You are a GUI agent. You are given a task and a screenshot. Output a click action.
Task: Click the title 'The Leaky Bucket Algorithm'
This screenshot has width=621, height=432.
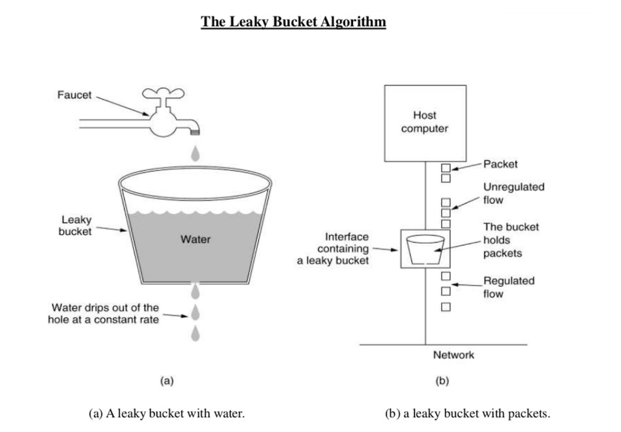coord(293,22)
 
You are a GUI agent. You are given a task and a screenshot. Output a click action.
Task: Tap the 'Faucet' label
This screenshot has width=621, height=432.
coord(75,95)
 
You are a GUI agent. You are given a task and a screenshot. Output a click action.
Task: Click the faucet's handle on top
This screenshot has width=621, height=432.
coord(163,93)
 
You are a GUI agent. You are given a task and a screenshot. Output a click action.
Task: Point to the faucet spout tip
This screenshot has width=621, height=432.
coord(195,133)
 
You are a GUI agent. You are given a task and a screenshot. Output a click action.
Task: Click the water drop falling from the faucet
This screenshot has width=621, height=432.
coord(195,153)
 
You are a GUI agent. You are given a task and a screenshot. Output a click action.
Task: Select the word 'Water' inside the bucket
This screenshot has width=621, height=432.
coord(196,239)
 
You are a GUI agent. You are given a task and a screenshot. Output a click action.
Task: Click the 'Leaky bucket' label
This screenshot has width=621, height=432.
coord(75,226)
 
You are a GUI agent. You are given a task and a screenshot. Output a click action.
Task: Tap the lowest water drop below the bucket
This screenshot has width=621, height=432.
coord(195,333)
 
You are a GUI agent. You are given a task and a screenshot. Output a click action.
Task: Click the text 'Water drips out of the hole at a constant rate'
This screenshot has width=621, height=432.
coord(103,313)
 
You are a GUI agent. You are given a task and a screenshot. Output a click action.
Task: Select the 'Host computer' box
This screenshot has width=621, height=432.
coord(425,123)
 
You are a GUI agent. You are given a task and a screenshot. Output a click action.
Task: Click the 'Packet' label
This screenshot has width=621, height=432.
coord(501,164)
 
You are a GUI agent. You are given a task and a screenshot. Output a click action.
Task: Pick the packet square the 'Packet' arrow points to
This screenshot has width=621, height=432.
coord(446,168)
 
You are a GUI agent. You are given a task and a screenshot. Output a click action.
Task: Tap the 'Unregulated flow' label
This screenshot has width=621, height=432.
coord(514,193)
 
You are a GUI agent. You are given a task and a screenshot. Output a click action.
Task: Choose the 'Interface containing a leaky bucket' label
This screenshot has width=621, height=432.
coord(333,249)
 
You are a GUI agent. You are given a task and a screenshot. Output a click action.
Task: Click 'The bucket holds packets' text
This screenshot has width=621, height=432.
coord(511,240)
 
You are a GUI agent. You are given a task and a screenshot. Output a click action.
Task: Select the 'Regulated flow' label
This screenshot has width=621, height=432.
coord(509,287)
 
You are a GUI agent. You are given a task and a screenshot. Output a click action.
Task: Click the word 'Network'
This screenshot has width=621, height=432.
coord(454,355)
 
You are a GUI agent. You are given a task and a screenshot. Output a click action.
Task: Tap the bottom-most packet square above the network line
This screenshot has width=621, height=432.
coord(446,307)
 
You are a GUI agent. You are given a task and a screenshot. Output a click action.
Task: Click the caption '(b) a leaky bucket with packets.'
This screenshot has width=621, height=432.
coord(468,414)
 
